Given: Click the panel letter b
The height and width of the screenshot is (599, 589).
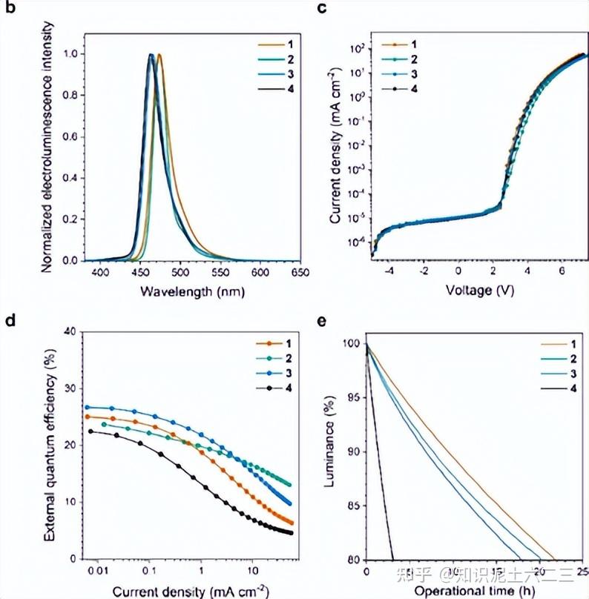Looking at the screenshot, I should pos(9,8).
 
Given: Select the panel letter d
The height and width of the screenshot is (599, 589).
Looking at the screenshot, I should pos(9,321).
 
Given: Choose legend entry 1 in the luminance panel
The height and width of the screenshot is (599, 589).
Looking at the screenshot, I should pos(573,345).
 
